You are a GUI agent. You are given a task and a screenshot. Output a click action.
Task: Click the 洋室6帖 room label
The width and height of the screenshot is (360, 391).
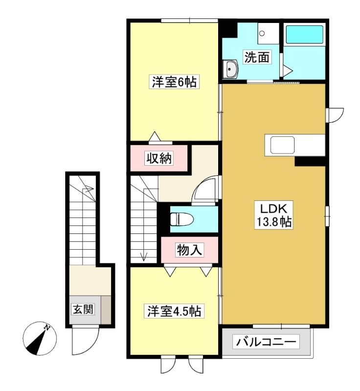pos(174,82)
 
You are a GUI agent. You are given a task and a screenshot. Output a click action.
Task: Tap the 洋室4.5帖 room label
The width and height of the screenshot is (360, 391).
pos(174,311)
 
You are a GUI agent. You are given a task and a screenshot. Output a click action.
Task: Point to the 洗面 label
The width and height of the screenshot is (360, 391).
pos(257,58)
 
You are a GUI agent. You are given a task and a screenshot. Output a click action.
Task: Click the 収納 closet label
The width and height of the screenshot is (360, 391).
pos(158,158)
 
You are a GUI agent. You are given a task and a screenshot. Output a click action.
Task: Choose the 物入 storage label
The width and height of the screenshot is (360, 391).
pos(189,250)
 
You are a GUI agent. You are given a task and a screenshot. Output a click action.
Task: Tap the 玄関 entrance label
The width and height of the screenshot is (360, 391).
pos(83,309)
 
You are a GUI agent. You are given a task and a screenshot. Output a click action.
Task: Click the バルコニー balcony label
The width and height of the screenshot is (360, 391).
pos(267,341)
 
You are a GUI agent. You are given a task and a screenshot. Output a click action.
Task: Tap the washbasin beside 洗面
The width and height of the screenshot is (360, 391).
pos(230,69)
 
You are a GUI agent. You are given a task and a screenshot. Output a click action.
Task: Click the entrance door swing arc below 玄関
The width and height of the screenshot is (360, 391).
pos(85,342)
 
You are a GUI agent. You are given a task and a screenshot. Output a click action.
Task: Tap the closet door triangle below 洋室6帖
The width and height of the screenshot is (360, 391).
pos(155,136)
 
